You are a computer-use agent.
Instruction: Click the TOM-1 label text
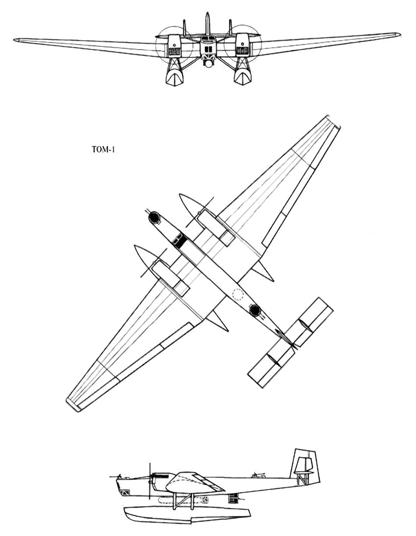(103, 150)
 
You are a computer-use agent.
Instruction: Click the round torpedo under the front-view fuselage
(209, 64)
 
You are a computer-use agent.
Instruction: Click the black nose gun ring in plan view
(154, 217)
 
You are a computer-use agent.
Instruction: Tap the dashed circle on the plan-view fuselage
(238, 294)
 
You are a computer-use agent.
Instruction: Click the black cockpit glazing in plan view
(180, 240)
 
